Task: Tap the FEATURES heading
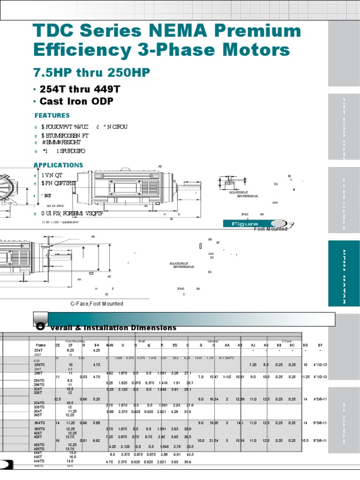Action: tap(52, 115)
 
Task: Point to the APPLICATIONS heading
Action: tap(58, 165)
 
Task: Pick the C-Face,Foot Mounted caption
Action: tap(97, 304)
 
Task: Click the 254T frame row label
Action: tap(39, 350)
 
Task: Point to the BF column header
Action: tap(320, 345)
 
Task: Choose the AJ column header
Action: tap(253, 345)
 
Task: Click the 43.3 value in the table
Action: tap(190, 455)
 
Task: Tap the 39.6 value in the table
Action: tap(190, 462)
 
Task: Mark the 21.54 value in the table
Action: tap(214, 441)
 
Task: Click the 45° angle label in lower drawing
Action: tap(109, 277)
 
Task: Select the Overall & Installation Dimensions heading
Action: tap(106, 327)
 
